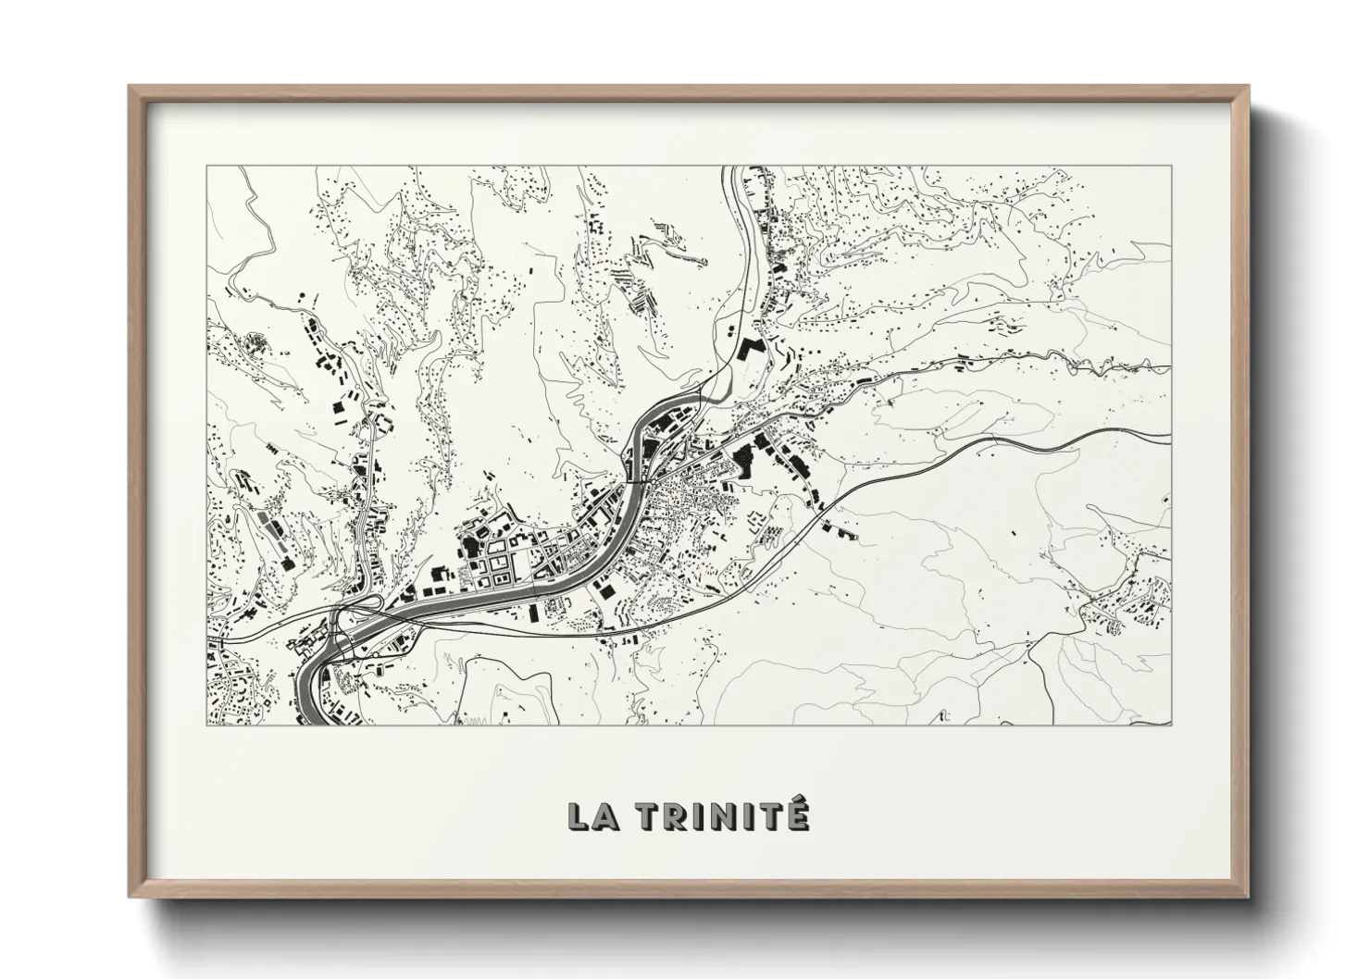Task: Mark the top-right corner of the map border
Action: pos(1170,167)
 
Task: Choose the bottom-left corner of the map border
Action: pos(207,725)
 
